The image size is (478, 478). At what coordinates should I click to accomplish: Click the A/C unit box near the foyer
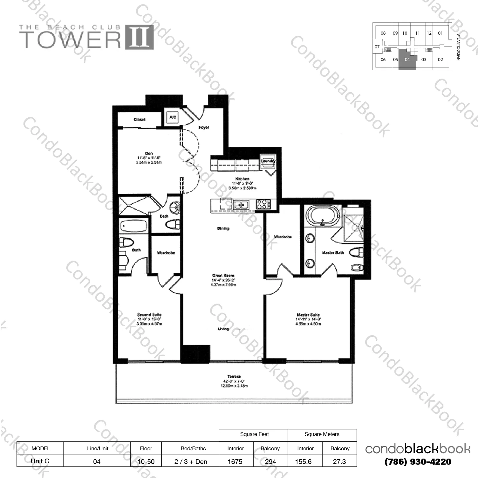pos(173,117)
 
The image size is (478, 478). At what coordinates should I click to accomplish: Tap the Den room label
pos(149,154)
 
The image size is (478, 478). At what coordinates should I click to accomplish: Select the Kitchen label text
pos(242,179)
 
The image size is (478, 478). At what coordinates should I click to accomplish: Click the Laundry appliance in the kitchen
pos(268,161)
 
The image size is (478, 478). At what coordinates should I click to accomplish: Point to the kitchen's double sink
pos(241,205)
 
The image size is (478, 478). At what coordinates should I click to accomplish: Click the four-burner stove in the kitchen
pos(263,204)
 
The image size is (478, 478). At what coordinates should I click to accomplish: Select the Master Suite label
pos(308,315)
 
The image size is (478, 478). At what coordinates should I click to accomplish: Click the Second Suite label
pos(149,315)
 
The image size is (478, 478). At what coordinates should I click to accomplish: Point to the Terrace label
pos(234,376)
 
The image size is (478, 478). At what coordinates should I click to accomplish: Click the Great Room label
pos(223,275)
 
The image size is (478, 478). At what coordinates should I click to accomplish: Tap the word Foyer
pos(204,127)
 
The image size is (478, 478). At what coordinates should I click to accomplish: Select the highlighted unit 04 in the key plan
pos(407,60)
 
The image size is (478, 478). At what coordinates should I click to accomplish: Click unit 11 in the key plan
pos(417,33)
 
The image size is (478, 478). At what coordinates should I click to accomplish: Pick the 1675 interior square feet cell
pos(235,461)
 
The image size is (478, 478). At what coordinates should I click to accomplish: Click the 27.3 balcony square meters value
pos(339,461)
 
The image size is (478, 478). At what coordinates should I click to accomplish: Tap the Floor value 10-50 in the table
pos(146,461)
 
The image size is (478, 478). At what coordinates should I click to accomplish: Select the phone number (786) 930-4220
pos(418,462)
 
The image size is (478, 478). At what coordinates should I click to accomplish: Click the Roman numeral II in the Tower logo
pos(139,37)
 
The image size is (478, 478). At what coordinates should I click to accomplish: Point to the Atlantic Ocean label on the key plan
pos(458,47)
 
